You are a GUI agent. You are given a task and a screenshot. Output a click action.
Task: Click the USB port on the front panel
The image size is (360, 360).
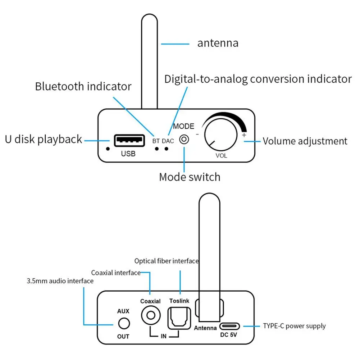tap(128, 140)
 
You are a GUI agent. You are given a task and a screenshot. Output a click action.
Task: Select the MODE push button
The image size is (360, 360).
tap(184, 140)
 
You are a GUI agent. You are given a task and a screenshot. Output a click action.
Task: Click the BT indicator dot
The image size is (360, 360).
tap(156, 148)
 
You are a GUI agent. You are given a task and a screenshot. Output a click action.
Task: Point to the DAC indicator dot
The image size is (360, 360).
tap(167, 148)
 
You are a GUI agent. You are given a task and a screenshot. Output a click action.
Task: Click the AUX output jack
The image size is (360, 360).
tap(123, 323)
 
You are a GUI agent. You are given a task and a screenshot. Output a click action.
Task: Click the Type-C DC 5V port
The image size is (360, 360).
tap(229, 326)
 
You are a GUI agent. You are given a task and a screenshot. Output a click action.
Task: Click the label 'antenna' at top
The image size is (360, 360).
tap(218, 44)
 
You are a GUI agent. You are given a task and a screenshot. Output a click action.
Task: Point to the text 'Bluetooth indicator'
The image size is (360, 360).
tap(83, 87)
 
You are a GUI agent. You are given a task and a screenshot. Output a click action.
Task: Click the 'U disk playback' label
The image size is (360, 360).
tap(44, 139)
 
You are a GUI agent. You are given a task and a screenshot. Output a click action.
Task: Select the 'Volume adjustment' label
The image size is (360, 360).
tap(305, 141)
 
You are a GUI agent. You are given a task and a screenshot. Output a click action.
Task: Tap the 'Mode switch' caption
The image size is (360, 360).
tap(190, 177)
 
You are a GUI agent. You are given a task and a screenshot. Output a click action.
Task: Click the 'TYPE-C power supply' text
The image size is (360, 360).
tap(294, 326)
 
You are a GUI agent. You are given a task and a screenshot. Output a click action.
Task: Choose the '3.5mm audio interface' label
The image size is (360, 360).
tap(60, 281)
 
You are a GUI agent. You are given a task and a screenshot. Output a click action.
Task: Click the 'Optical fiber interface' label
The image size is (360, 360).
tap(167, 261)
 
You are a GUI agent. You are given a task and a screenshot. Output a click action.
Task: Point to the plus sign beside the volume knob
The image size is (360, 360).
tap(244, 135)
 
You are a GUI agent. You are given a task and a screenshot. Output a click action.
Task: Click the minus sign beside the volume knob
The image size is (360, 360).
tap(197, 134)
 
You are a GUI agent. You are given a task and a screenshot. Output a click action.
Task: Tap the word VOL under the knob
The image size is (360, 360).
tap(221, 156)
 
